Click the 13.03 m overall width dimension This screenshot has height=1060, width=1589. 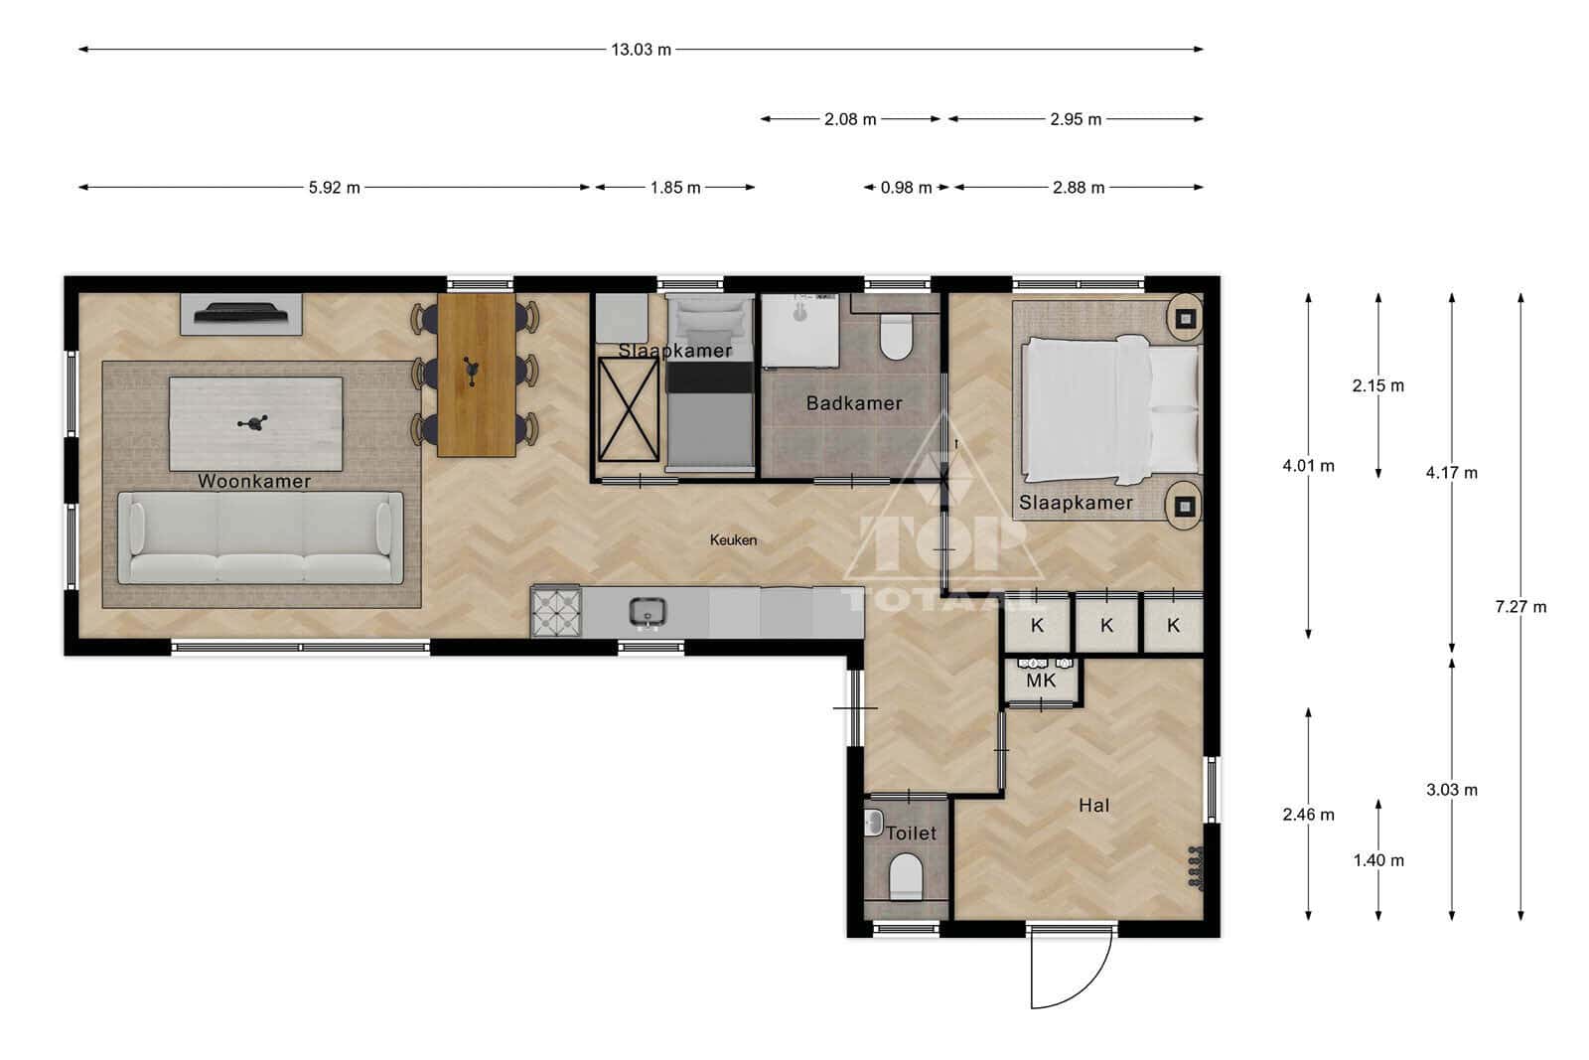(641, 50)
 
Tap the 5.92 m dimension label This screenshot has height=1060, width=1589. (334, 188)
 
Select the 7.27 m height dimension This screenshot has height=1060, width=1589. (1520, 607)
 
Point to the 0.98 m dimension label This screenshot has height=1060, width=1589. (906, 188)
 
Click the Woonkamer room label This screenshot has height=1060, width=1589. (254, 481)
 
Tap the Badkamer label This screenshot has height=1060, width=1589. (854, 403)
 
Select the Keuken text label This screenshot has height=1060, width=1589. (734, 539)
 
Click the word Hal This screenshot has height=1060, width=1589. (1093, 806)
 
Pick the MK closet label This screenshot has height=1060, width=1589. (1041, 681)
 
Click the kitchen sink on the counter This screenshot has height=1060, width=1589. (648, 613)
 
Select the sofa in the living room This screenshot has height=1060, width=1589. (260, 537)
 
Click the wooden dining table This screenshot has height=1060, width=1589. (476, 375)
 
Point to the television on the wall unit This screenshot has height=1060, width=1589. (241, 312)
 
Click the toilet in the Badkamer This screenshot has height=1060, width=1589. (896, 337)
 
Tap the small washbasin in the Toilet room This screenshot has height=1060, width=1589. (873, 823)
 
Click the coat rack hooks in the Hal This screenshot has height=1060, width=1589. (1196, 867)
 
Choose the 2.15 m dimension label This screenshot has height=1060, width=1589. (1377, 386)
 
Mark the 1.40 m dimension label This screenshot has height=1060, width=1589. (1378, 860)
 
